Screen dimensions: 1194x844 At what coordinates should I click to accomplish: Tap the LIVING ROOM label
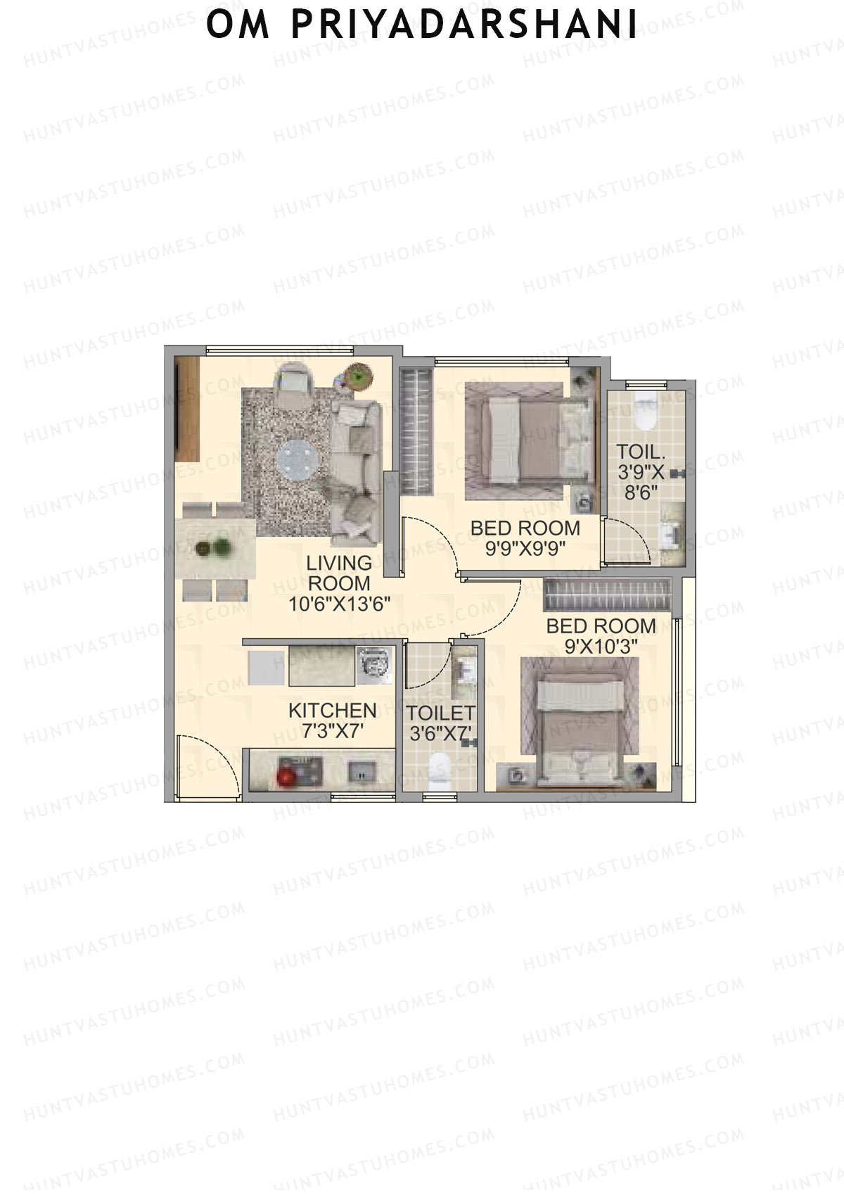point(339,573)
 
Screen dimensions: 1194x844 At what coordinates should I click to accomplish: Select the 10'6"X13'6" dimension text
point(339,604)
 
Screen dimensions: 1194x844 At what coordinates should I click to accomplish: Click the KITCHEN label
point(332,710)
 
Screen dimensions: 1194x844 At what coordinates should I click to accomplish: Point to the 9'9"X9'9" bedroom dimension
point(525,549)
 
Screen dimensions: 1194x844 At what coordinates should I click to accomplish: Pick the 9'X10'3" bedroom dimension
point(601,647)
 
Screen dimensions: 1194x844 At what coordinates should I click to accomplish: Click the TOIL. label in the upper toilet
point(641,452)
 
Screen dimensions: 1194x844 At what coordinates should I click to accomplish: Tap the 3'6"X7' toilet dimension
point(441,733)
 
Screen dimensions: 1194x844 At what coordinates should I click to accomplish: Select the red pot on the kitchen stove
point(286,777)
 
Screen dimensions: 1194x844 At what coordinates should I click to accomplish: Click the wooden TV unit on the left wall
point(187,409)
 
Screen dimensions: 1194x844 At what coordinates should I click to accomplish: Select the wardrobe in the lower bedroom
point(608,595)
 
